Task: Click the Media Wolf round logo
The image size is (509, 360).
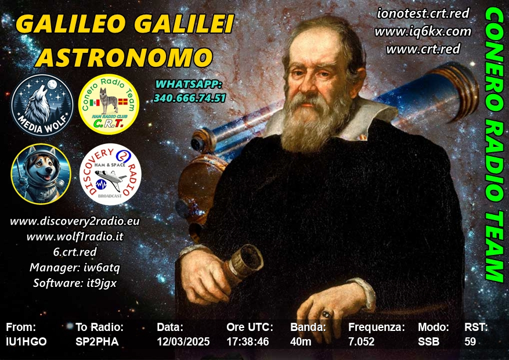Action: click(42, 105)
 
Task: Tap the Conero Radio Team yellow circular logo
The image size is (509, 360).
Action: click(109, 104)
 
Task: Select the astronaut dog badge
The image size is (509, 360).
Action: click(41, 174)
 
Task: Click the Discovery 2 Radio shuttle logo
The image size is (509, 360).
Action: click(110, 174)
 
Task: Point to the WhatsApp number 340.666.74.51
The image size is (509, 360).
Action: click(190, 98)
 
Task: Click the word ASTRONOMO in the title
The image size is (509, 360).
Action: click(124, 57)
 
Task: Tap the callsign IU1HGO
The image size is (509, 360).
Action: click(26, 341)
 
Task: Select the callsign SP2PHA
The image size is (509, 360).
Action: click(97, 341)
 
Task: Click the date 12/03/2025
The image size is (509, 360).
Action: click(183, 341)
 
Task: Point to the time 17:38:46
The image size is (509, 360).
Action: click(248, 341)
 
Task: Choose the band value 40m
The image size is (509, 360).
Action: click(301, 341)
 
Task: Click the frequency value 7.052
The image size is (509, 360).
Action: click(362, 341)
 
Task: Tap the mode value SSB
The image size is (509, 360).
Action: click(429, 341)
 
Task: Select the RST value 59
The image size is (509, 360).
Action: click(470, 341)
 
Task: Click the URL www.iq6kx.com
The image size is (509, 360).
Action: click(423, 31)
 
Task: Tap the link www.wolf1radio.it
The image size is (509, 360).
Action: click(75, 236)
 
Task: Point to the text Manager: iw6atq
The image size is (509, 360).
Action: click(75, 268)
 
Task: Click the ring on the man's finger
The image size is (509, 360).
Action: click(326, 314)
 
